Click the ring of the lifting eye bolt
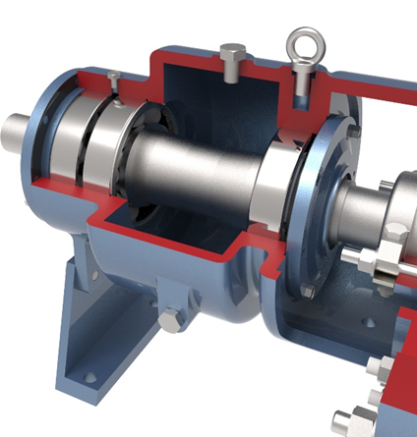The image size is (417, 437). (x=299, y=42)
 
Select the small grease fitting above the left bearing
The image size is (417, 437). (x=116, y=90)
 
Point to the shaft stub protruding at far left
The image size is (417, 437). (x=18, y=128)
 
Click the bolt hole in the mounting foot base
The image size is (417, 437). (x=90, y=378)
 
